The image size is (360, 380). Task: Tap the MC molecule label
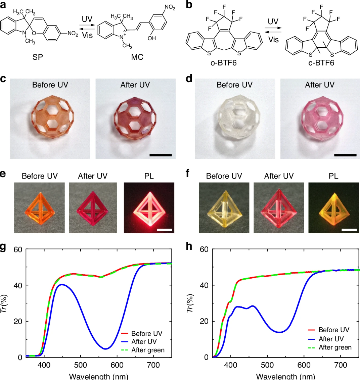coord(137,57)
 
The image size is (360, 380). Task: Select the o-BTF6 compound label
coord(223,62)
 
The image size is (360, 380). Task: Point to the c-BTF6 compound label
coord(321,62)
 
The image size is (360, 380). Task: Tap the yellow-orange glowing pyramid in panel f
coord(333,208)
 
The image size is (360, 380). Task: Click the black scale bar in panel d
coord(345,155)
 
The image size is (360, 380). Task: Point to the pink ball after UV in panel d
coord(319,119)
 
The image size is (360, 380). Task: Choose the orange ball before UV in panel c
coord(50,119)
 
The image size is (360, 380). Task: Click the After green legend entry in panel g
coord(148,350)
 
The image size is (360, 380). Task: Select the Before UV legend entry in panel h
coord(334,330)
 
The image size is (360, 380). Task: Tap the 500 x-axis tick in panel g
coord(80,365)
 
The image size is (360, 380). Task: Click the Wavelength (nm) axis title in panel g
coord(99,376)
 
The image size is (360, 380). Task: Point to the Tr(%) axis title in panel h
coord(191,304)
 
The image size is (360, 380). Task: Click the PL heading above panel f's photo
coord(333,176)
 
